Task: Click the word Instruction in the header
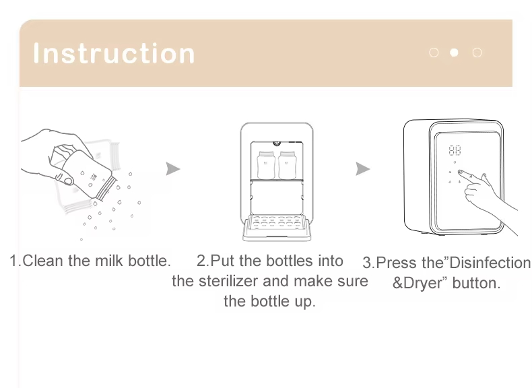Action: coord(114,53)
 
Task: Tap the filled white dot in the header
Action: coord(454,53)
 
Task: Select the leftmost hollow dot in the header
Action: coord(434,53)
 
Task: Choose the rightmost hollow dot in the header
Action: coord(477,53)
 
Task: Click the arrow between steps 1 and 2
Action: coord(172,168)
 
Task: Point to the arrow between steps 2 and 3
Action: coord(362,168)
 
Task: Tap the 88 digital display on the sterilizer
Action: coord(455,150)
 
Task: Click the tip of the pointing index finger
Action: coord(460,172)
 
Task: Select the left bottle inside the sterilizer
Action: coord(266,165)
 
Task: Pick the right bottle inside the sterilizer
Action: coord(288,165)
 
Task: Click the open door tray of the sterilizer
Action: coord(277,228)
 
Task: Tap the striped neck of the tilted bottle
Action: coord(106,189)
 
